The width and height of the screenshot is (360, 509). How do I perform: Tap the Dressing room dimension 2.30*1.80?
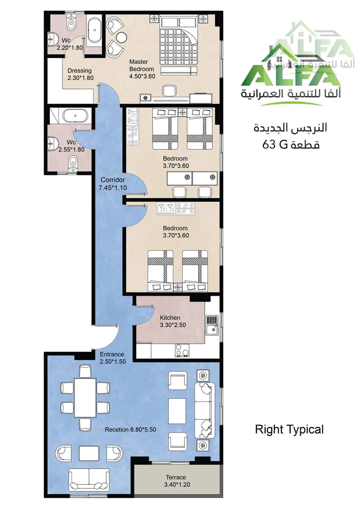(81, 78)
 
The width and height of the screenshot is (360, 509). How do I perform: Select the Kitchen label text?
(170, 318)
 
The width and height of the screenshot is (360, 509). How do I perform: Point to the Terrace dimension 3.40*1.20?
(177, 485)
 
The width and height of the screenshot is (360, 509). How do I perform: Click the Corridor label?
(112, 180)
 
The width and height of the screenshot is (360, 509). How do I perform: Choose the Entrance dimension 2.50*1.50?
(112, 361)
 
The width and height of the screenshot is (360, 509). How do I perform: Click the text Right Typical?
(289, 430)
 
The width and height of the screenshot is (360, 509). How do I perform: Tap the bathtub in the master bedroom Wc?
(94, 30)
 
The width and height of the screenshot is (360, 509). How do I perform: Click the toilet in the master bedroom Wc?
(71, 23)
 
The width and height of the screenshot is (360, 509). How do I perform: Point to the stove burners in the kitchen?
(182, 350)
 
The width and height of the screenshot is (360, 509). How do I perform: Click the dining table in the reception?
(85, 398)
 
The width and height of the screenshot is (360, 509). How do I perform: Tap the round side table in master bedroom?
(121, 38)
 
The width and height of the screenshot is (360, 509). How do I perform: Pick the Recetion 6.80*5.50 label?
(130, 429)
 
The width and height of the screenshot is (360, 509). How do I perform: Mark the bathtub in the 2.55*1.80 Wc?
(75, 116)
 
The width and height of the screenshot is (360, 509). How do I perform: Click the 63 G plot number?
(275, 144)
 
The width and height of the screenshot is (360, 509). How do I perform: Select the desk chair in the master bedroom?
(169, 90)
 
